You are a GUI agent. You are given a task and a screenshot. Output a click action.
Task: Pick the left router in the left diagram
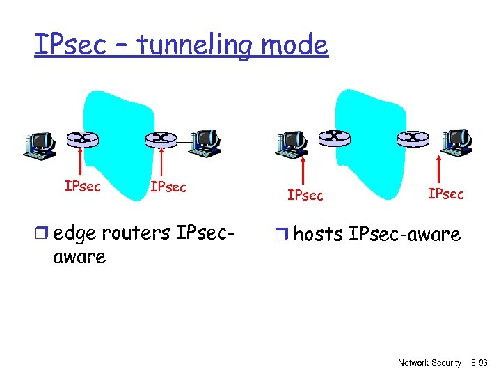[83, 138]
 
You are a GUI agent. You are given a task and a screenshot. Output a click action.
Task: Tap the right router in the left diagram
[161, 138]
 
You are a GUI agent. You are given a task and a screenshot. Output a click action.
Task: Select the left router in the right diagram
[335, 137]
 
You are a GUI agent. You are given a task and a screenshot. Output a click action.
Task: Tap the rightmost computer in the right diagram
[457, 141]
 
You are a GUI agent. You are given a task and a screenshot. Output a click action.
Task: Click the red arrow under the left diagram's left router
[83, 164]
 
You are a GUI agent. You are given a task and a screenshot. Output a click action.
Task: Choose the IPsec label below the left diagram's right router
[168, 187]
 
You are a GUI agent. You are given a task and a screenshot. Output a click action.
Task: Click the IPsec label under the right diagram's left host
[305, 196]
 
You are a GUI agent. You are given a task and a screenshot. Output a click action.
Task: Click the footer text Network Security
[429, 363]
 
